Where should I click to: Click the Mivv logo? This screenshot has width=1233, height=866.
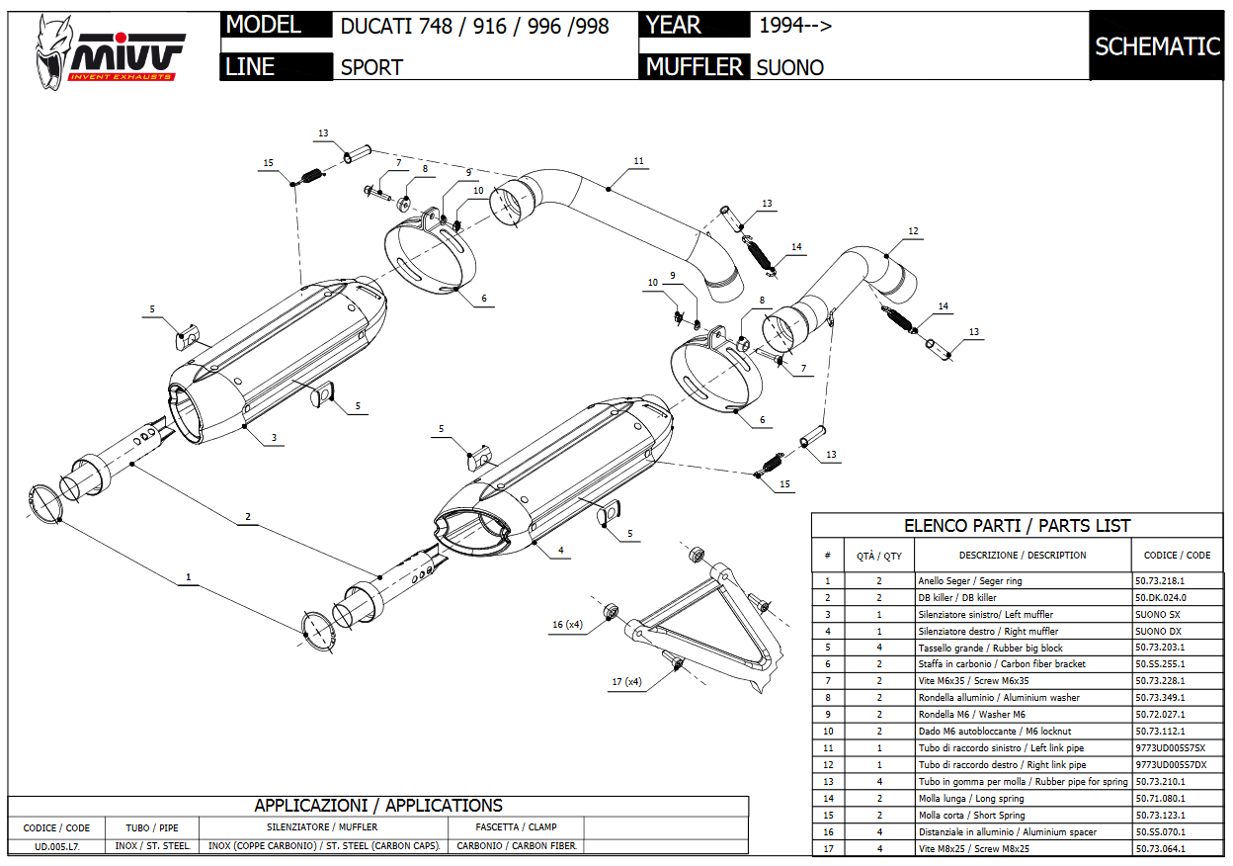point(109,51)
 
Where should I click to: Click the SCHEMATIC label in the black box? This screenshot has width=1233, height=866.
point(1157,46)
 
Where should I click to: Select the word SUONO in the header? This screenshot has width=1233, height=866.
point(789,68)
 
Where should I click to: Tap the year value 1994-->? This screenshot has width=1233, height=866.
point(794,26)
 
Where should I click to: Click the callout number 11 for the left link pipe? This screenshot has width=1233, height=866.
point(638,161)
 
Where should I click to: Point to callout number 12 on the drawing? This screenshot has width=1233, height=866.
point(913,232)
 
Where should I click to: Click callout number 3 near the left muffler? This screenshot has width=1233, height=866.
point(274,437)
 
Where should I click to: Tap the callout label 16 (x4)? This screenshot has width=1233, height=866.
point(567,625)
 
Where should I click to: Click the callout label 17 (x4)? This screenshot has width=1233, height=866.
point(625,682)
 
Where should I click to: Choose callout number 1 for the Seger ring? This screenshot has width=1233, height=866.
point(188,575)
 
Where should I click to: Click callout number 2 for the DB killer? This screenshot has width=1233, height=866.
point(248,517)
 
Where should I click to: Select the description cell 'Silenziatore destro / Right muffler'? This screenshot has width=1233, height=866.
point(987,631)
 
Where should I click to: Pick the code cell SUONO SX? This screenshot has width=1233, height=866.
point(1157,614)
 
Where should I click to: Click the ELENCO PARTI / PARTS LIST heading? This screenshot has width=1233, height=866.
point(1017,526)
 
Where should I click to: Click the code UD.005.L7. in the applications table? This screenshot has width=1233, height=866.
point(57,846)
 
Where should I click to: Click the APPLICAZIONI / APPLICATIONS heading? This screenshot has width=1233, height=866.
point(377,806)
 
